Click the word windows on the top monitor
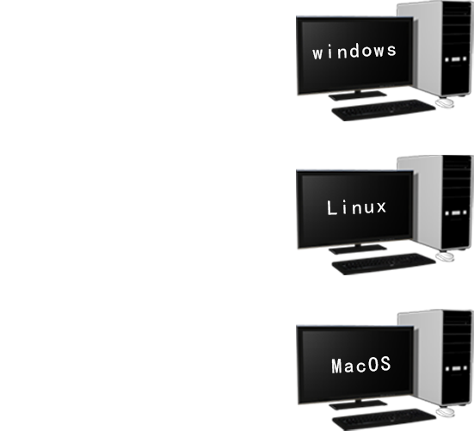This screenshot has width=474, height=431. (354, 52)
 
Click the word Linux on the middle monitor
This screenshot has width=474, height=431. (357, 207)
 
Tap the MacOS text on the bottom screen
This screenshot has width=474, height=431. (361, 365)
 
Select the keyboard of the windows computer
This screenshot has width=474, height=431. (384, 110)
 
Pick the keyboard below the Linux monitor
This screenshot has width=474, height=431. (384, 264)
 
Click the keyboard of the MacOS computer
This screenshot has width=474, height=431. (384, 420)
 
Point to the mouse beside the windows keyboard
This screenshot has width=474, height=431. (445, 103)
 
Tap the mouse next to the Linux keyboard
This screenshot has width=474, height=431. (445, 257)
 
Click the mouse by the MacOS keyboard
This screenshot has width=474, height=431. (446, 412)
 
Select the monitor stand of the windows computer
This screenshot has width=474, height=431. (357, 95)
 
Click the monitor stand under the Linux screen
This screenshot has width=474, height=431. (357, 249)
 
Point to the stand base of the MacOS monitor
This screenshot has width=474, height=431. (358, 405)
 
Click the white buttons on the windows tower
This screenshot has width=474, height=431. (456, 59)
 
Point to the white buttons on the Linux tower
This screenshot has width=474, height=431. (456, 213)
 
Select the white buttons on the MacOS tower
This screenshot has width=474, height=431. (456, 369)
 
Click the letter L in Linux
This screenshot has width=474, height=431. (332, 208)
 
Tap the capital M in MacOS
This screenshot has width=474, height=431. (338, 366)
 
